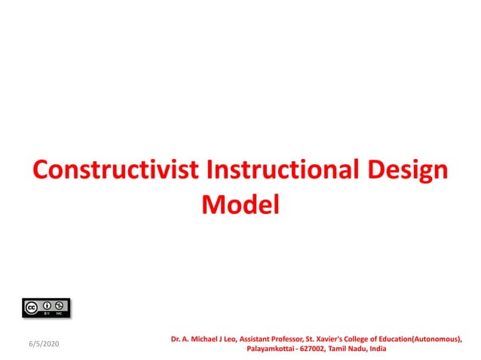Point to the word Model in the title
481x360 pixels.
click(x=240, y=203)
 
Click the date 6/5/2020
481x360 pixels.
click(x=44, y=343)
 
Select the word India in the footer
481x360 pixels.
click(x=376, y=349)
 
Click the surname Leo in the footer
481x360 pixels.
click(x=230, y=339)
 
